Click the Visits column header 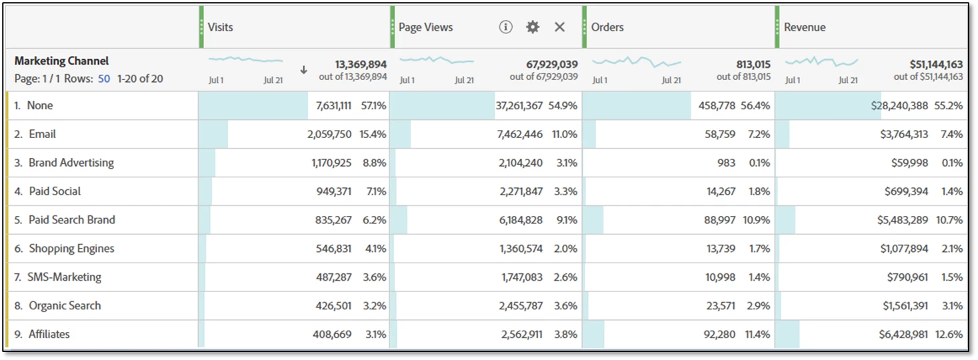pyautogui.click(x=221, y=27)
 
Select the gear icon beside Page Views pyautogui.click(x=532, y=27)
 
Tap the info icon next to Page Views pyautogui.click(x=506, y=27)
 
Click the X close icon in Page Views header pyautogui.click(x=559, y=27)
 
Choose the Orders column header pyautogui.click(x=607, y=27)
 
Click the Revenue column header pyautogui.click(x=805, y=27)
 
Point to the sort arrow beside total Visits pyautogui.click(x=304, y=70)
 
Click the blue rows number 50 pyautogui.click(x=103, y=79)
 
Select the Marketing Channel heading pyautogui.click(x=61, y=61)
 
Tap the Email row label pyautogui.click(x=42, y=134)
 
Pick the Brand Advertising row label pyautogui.click(x=71, y=163)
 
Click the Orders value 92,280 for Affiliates pyautogui.click(x=719, y=335)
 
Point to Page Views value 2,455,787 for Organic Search pyautogui.click(x=522, y=306)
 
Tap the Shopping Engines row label pyautogui.click(x=71, y=249)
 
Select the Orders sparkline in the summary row pyautogui.click(x=637, y=62)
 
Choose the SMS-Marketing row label pyautogui.click(x=64, y=277)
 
